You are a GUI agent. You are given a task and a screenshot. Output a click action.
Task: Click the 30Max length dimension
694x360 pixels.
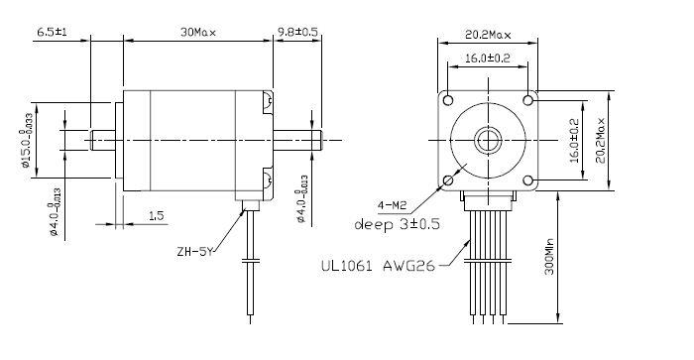[x=198, y=31]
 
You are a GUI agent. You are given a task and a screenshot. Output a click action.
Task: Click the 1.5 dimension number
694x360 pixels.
[x=156, y=214]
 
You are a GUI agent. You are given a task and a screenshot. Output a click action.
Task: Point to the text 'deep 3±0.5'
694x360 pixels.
[x=397, y=224]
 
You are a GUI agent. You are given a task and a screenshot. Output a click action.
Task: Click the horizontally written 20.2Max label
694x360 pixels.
[x=489, y=35]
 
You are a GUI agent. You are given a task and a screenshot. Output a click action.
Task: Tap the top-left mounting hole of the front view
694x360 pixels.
[x=448, y=101]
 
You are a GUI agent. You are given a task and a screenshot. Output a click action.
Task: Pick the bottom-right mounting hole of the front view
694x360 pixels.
[x=527, y=180]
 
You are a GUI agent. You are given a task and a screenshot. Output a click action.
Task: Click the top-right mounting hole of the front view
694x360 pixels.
[x=527, y=101]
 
